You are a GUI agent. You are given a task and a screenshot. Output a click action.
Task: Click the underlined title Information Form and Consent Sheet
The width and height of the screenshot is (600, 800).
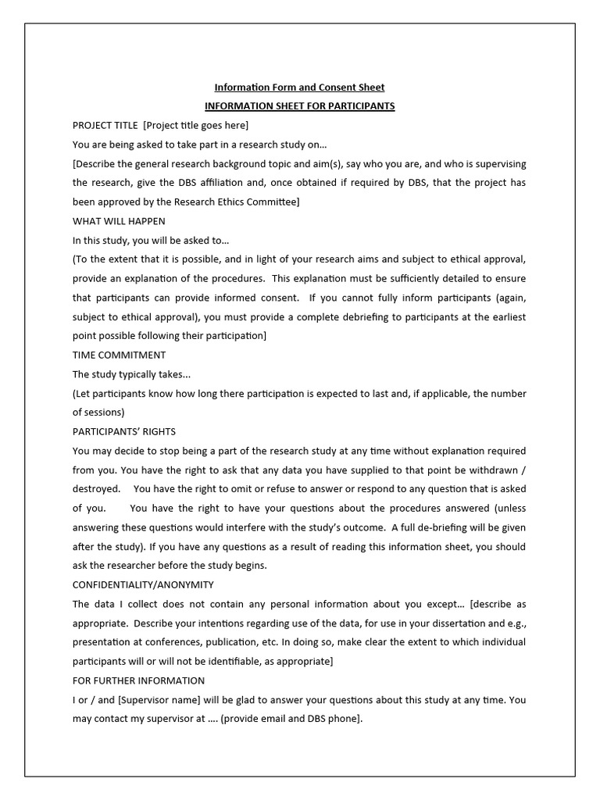click(x=299, y=87)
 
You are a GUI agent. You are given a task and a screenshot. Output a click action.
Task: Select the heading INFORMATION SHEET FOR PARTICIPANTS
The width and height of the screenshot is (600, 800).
click(x=299, y=106)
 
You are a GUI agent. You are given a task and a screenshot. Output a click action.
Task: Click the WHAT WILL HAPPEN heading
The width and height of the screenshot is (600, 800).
click(x=119, y=221)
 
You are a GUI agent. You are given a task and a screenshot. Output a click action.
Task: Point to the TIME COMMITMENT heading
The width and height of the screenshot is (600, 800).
click(x=120, y=355)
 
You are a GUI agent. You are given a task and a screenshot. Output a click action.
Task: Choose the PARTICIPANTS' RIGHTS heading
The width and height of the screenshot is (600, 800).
click(x=124, y=432)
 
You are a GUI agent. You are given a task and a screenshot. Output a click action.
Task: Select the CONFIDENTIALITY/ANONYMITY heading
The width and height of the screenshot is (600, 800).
click(x=143, y=584)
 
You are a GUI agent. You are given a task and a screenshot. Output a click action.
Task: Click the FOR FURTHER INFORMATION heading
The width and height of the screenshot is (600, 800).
click(x=138, y=680)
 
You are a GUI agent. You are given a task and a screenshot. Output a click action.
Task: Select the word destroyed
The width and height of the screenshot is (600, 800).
click(x=96, y=489)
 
